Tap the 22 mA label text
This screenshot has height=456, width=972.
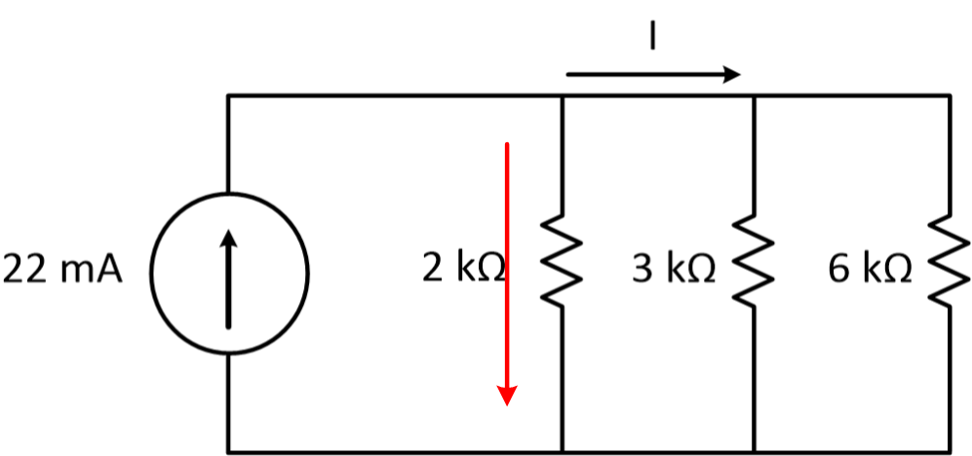pos(63,270)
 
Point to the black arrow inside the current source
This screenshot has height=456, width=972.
pos(229,277)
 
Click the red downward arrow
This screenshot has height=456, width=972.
pos(507,273)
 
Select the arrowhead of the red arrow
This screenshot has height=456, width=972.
pos(507,394)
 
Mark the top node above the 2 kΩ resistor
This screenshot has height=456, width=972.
pos(564,95)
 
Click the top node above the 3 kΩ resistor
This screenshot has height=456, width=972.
pos(755,95)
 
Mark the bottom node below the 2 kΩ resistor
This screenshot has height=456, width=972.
pos(564,452)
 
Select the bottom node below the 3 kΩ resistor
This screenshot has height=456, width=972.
pos(755,452)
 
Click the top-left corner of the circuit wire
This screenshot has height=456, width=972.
pos(229,95)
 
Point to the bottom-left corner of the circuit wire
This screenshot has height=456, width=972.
pos(229,452)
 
